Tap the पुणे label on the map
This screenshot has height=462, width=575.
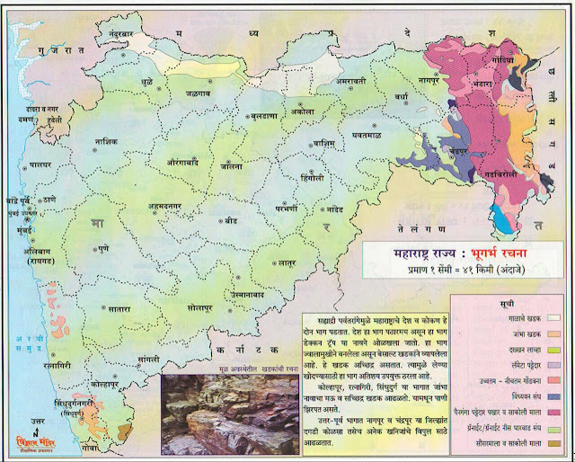click(x=102, y=244)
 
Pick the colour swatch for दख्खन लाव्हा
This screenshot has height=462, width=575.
click(x=553, y=348)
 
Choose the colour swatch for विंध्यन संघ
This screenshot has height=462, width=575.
click(x=553, y=395)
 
